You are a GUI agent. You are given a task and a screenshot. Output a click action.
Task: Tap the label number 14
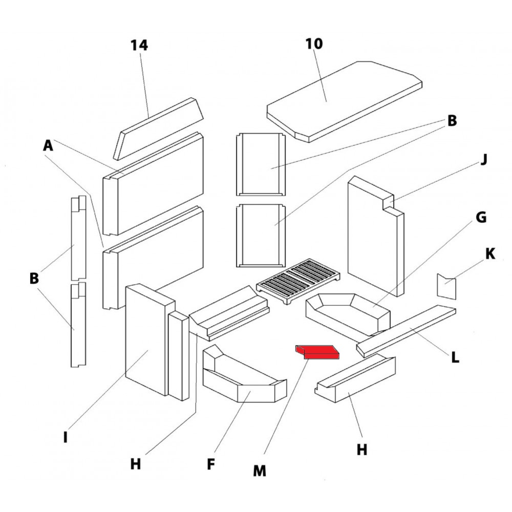coord(139,46)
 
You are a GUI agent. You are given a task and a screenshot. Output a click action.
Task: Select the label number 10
coord(314,44)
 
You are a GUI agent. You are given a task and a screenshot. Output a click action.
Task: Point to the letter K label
coord(490,254)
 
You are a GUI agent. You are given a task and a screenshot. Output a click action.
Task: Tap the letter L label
coord(455,356)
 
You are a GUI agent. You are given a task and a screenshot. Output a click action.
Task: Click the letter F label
coord(210,464)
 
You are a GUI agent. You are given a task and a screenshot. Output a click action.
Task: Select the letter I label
coord(65,438)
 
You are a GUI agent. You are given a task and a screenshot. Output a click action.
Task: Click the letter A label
coord(48,146)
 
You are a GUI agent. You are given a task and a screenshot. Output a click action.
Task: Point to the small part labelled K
coord(445,286)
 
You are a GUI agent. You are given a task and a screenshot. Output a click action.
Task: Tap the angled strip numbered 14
coord(159,128)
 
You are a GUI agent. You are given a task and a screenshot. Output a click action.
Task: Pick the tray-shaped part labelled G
coord(348,312)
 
